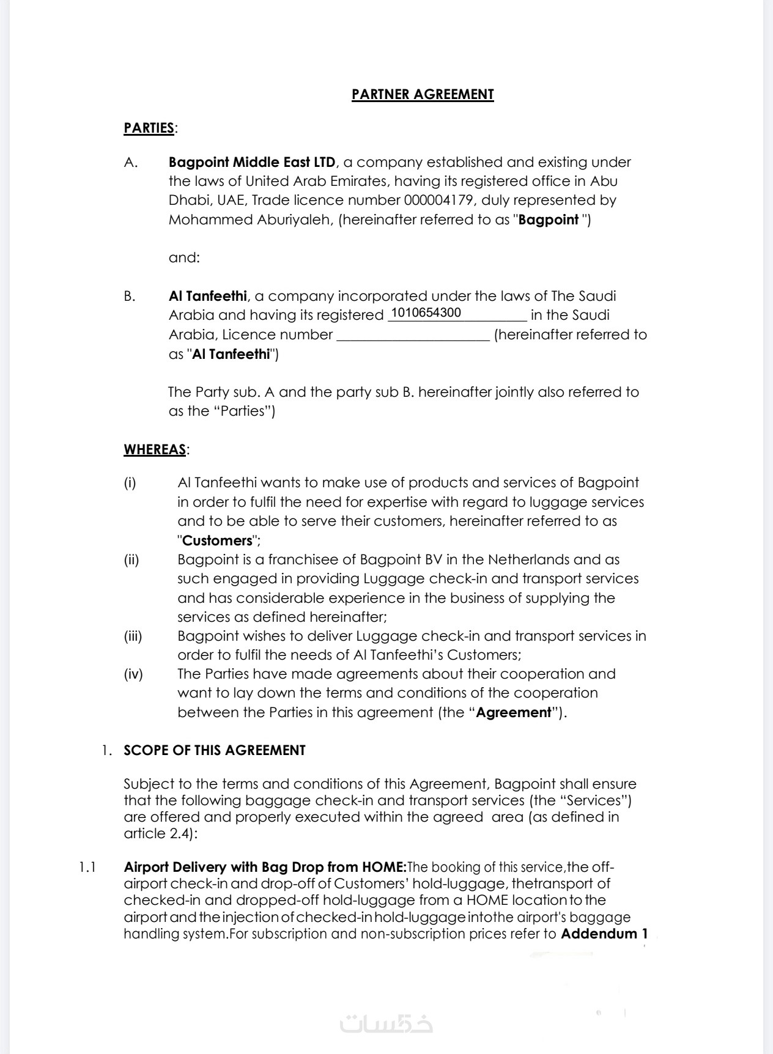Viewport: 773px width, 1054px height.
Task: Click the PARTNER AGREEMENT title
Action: click(423, 94)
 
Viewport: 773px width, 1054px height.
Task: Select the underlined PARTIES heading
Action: click(149, 128)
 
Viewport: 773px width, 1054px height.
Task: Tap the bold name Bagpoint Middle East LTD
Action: click(252, 162)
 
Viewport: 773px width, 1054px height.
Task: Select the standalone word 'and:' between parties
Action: click(184, 257)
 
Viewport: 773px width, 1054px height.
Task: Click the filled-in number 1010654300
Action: click(426, 313)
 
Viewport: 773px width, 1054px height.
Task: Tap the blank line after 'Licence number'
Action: click(413, 335)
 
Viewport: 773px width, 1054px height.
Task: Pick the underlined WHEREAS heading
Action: click(155, 449)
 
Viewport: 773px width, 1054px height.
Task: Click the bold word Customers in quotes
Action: click(217, 540)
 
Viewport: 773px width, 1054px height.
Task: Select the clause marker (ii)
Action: click(131, 559)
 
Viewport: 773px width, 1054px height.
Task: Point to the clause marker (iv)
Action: click(133, 674)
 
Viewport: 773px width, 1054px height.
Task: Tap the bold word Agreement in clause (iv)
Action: click(514, 712)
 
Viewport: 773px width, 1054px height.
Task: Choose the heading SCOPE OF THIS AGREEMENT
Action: click(214, 750)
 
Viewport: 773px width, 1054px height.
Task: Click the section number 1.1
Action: click(87, 867)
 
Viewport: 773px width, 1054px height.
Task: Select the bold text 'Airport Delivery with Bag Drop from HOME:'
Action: click(265, 867)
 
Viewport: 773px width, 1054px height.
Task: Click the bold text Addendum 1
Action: click(604, 934)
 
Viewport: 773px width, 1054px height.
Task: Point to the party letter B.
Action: click(130, 296)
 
